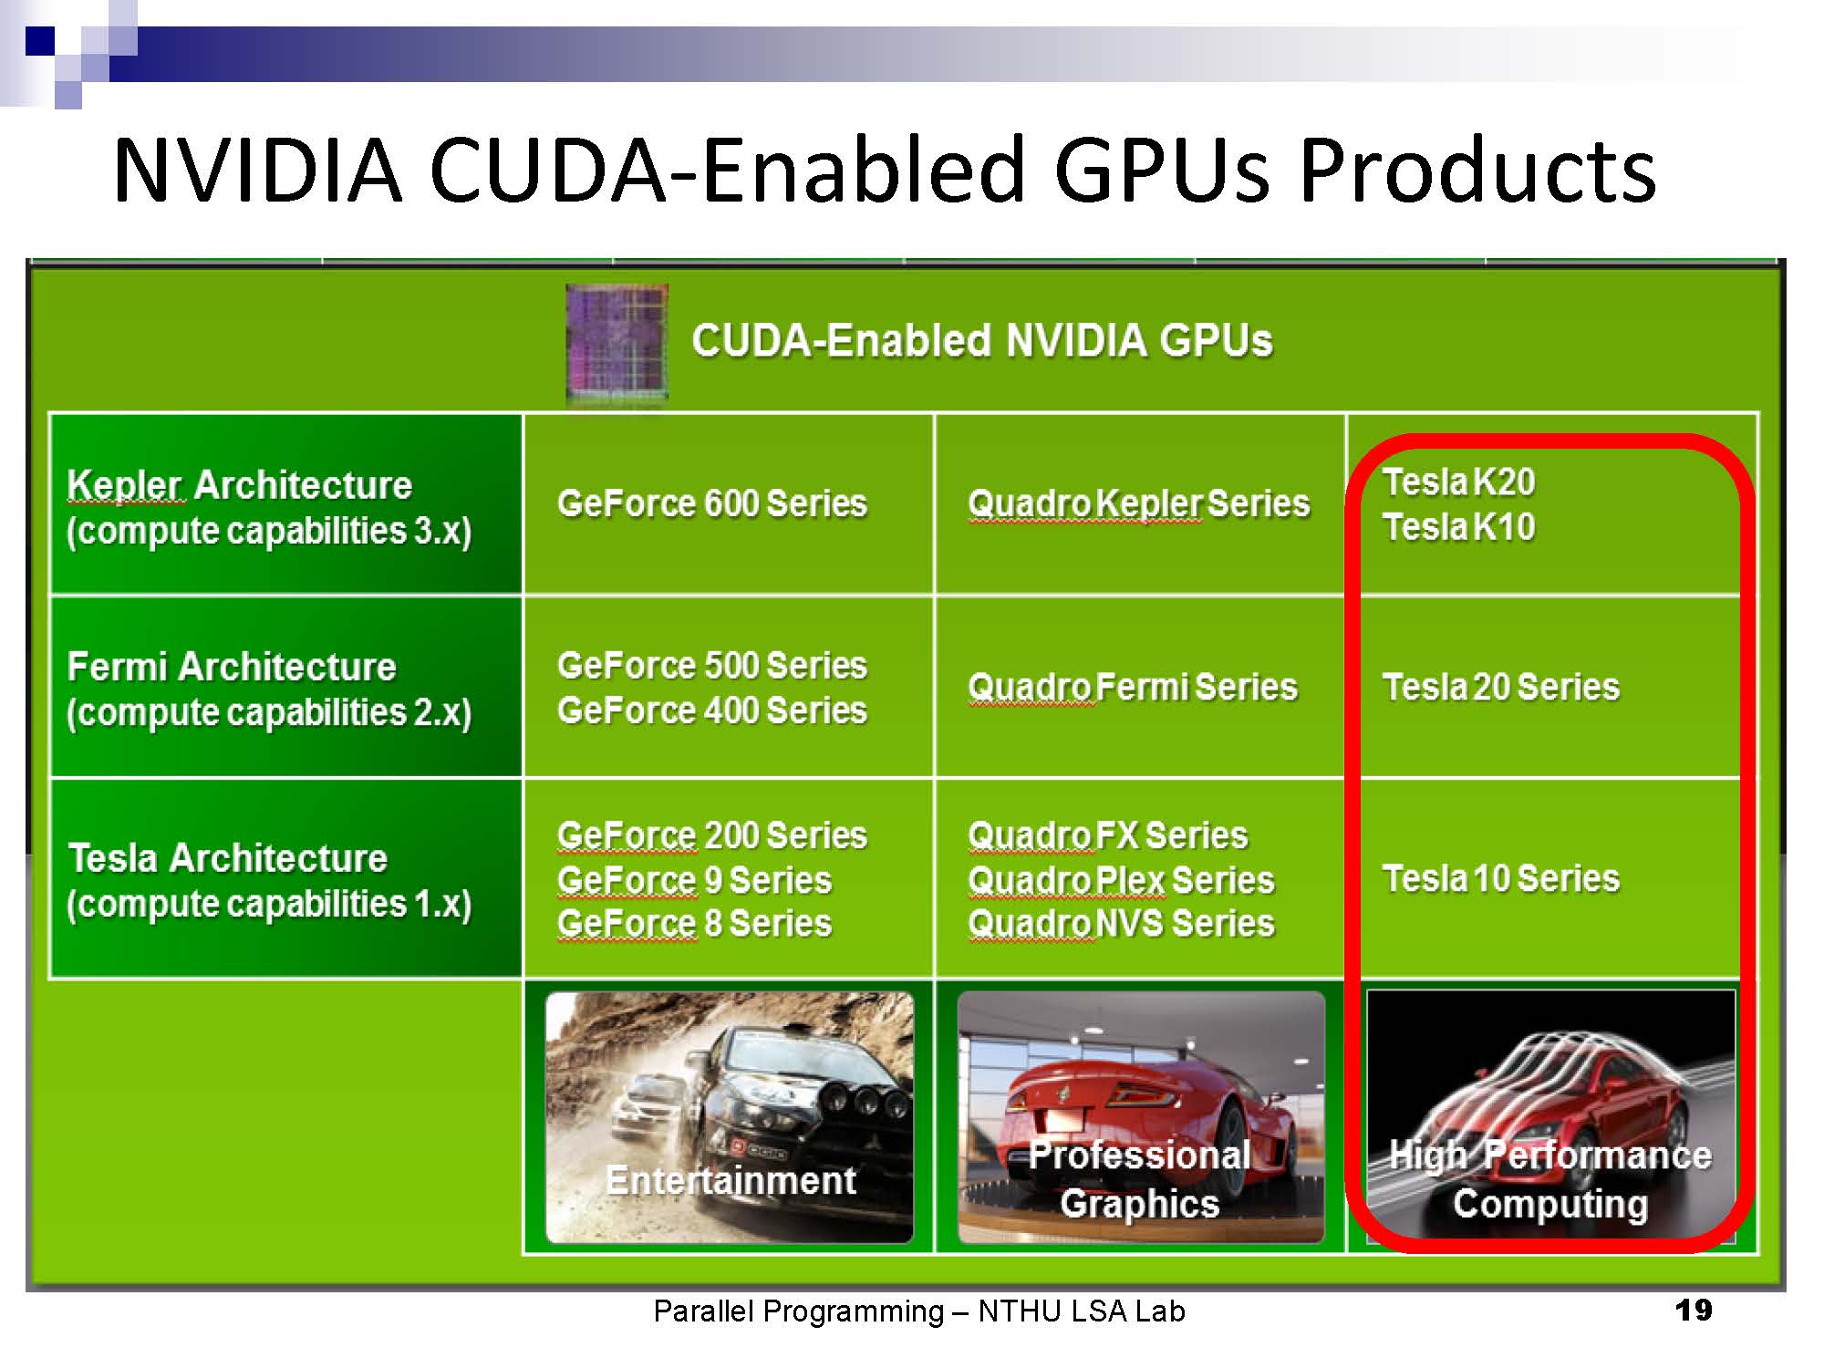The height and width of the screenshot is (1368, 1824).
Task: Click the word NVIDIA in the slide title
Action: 258,170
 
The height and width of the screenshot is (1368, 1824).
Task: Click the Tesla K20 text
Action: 1459,482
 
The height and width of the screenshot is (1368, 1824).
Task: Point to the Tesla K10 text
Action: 1459,526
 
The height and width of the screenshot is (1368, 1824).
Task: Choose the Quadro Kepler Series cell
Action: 1139,503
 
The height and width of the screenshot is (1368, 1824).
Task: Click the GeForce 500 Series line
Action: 712,665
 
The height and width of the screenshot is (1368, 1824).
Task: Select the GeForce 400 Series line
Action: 712,710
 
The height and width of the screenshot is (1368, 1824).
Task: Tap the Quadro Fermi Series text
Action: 1133,687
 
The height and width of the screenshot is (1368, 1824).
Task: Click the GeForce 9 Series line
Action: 695,880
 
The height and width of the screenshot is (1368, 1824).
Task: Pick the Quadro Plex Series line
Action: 1122,880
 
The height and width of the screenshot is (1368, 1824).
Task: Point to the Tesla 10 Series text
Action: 1501,878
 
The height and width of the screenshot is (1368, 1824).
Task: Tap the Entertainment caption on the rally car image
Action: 731,1180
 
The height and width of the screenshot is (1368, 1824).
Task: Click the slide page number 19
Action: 1694,1311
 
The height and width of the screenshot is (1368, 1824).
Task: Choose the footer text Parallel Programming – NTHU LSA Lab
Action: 919,1311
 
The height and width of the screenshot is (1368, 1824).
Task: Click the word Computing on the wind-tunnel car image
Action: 1550,1204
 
